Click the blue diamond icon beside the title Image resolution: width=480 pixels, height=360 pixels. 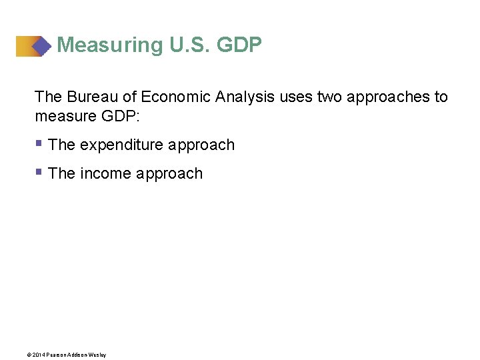point(42,46)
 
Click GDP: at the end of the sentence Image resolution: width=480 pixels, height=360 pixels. point(123,117)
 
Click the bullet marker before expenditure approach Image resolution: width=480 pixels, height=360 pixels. point(39,143)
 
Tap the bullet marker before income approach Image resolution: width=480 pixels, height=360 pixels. point(39,171)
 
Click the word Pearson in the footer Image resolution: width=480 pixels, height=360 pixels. point(53,355)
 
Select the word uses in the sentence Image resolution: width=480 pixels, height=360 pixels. point(296,97)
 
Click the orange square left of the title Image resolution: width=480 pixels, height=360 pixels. point(25,46)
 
